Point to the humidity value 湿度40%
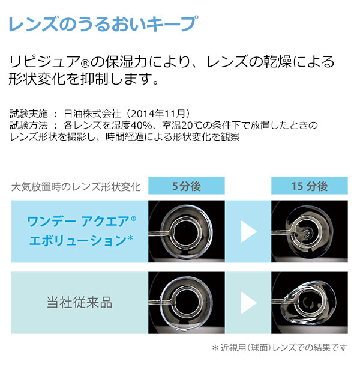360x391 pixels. pos(135,125)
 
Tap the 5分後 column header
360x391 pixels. pos(186,186)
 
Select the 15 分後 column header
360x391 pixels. pos(310,186)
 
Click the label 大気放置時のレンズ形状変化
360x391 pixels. pos(76,187)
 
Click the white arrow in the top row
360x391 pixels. pos(248,231)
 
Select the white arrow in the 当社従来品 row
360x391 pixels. pos(248,302)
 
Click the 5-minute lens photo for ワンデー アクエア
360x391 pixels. pos(187,231)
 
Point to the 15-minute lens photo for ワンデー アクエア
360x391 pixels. pos(310,231)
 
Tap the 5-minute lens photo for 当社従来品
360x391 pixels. pos(187,302)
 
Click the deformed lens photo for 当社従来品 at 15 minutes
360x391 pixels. pos(310,302)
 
